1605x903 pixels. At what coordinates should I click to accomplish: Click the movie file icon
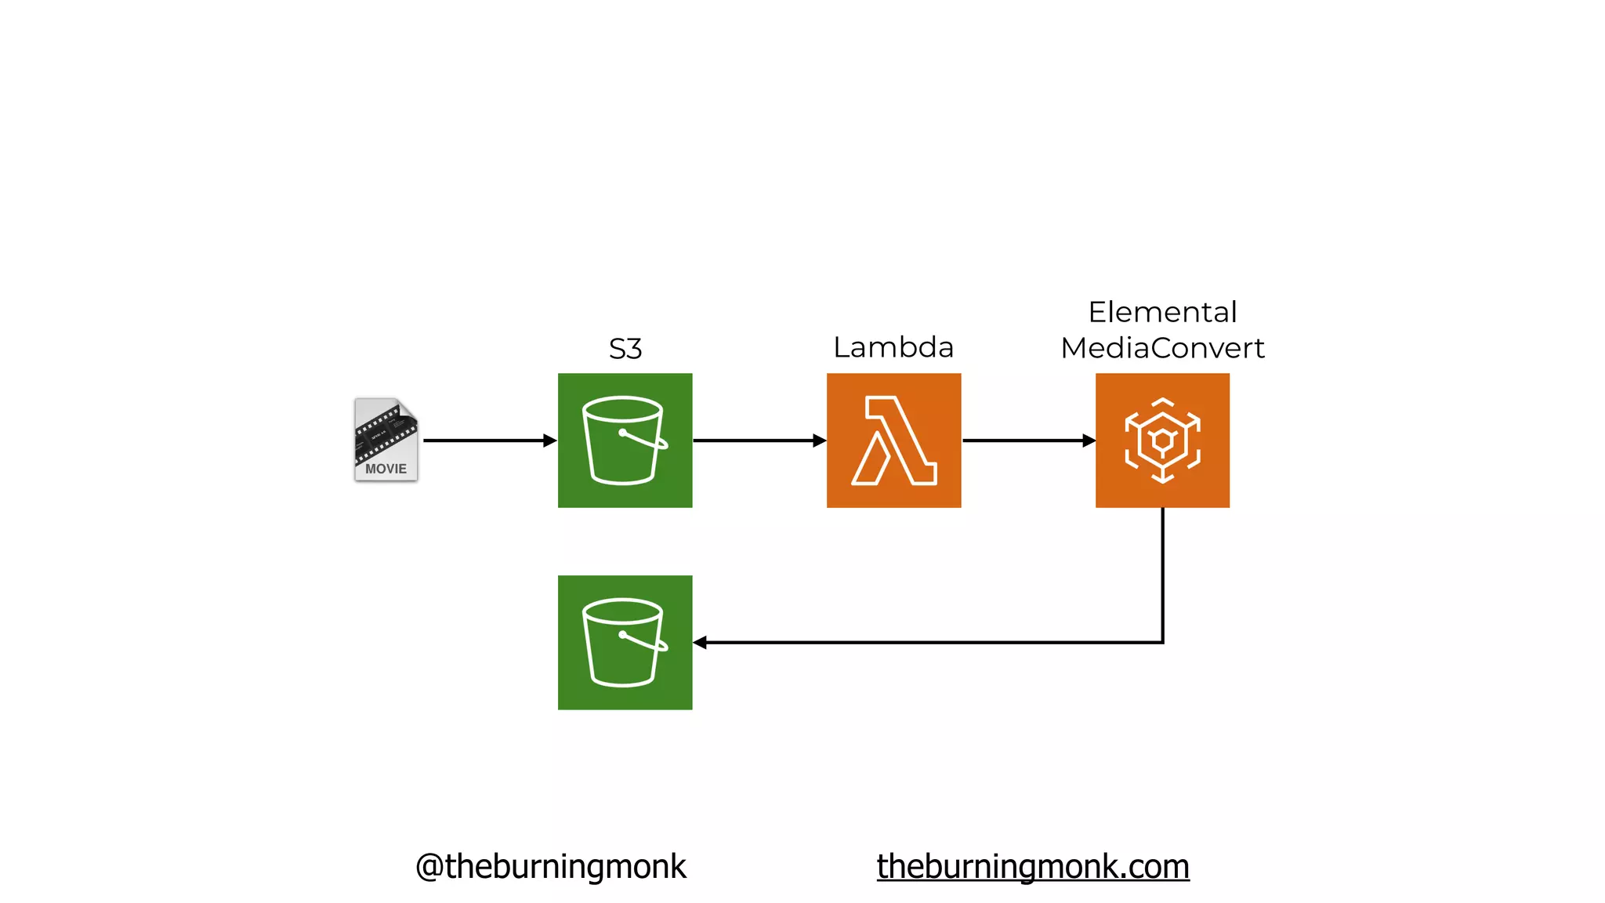coord(386,439)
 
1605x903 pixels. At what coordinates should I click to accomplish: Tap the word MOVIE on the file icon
coord(386,469)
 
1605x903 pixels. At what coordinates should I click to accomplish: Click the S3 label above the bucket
coord(625,349)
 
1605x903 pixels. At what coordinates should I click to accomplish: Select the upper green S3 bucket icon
coord(625,441)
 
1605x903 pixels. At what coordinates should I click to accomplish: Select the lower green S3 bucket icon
coord(625,643)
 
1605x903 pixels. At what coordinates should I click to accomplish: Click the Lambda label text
coord(893,347)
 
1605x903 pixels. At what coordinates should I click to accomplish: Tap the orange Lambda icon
coord(893,441)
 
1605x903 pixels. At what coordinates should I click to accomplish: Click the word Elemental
coord(1162,312)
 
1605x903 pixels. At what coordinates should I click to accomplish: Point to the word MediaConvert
coord(1162,348)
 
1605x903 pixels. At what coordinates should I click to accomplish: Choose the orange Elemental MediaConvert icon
coord(1162,441)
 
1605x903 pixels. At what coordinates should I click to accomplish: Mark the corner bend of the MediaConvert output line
coord(1162,642)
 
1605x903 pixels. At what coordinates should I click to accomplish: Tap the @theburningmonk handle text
coord(551,867)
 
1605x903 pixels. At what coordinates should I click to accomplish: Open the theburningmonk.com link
coord(1033,867)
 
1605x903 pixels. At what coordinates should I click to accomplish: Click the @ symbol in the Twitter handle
coord(429,867)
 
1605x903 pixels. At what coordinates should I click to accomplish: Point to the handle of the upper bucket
coord(645,440)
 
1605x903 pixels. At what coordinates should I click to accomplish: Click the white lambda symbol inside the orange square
coord(893,441)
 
